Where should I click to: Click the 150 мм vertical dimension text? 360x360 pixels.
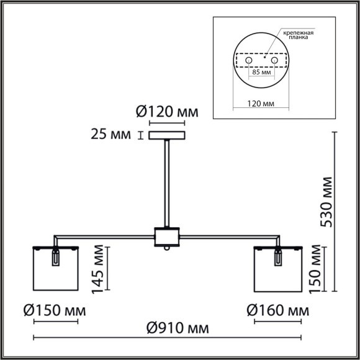(317, 269)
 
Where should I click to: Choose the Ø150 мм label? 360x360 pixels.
(56, 310)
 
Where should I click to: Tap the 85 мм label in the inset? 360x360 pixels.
(261, 73)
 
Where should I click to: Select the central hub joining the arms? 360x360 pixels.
(166, 236)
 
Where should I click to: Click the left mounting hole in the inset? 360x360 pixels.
(250, 61)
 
